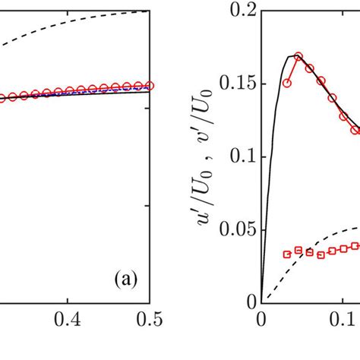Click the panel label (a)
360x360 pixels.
[122, 279]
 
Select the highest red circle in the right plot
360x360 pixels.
[298, 57]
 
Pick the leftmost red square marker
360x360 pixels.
[286, 254]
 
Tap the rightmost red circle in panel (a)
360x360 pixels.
[150, 86]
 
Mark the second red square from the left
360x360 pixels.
[298, 250]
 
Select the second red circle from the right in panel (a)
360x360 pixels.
[137, 87]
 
